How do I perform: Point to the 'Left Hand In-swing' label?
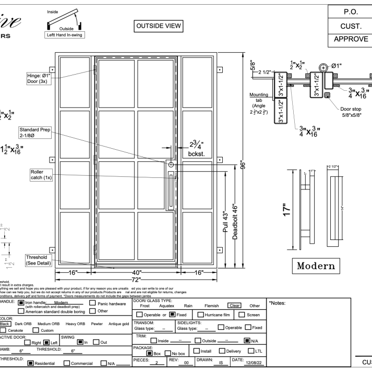65,35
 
